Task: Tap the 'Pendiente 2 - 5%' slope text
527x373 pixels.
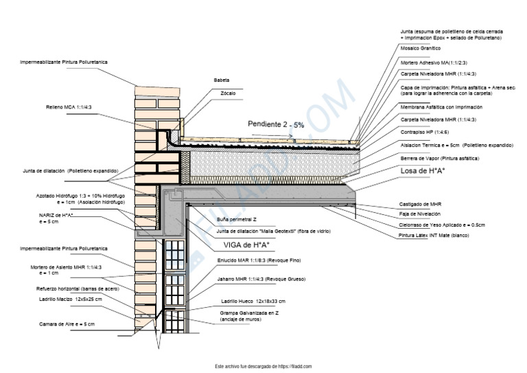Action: pos(276,124)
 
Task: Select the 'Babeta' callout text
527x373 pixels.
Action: pos(222,80)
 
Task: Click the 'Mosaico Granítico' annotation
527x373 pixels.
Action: pos(420,49)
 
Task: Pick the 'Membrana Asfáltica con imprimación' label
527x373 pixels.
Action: pos(436,107)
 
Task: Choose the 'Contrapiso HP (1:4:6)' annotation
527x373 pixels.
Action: pos(425,132)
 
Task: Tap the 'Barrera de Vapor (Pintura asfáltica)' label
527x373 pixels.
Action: pos(440,158)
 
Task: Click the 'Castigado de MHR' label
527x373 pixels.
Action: pos(420,204)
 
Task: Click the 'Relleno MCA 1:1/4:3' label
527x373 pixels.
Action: pos(69,107)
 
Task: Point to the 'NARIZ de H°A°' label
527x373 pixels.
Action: pos(56,216)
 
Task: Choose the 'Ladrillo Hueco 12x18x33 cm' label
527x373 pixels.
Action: pos(253,301)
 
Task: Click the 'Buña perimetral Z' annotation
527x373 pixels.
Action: pos(237,218)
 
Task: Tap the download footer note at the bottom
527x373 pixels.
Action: pos(263,367)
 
